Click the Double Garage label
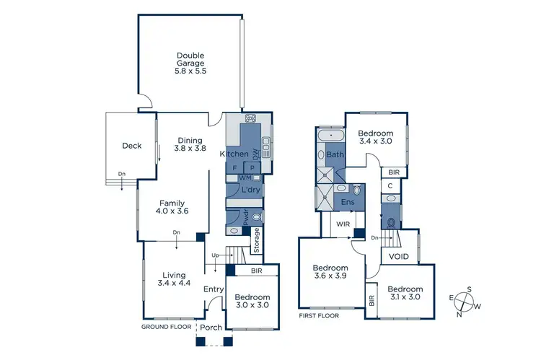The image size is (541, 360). click(190, 63)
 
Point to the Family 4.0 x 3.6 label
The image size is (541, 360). click(172, 207)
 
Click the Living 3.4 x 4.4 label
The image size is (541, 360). click(174, 279)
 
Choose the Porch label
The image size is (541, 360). click(211, 328)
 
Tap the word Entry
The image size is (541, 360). click(214, 290)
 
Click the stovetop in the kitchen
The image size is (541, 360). click(251, 119)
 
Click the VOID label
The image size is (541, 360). click(399, 256)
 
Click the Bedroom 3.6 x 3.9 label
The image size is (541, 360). click(330, 272)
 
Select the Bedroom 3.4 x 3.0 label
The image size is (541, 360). click(375, 138)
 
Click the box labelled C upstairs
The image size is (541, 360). click(390, 186)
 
